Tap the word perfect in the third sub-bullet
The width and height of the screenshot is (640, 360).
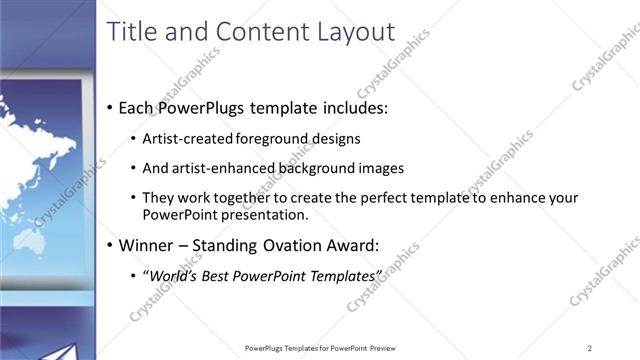pyautogui.click(x=361, y=197)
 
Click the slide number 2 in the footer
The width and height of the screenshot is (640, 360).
pyautogui.click(x=590, y=348)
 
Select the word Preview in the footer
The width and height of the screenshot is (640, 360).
pyautogui.click(x=383, y=348)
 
